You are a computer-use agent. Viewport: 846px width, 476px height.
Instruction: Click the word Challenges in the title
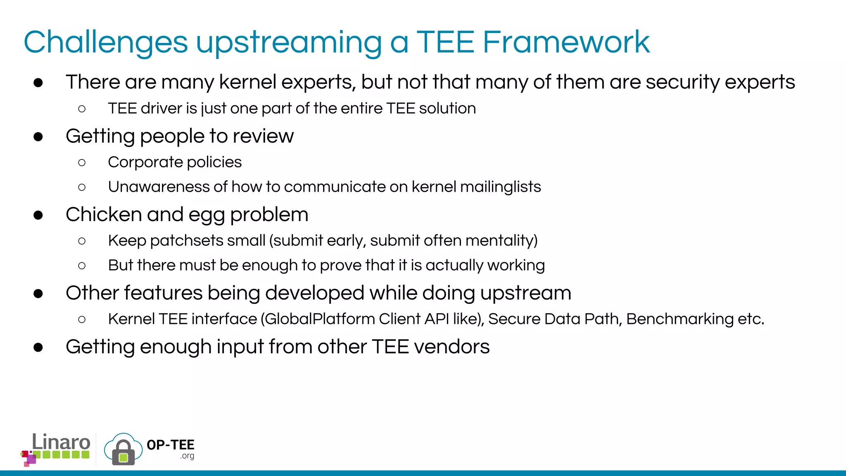click(x=106, y=43)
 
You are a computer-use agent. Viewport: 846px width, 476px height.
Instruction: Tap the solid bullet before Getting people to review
click(x=38, y=137)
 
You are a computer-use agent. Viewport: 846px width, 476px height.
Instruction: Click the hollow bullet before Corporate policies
click(x=82, y=162)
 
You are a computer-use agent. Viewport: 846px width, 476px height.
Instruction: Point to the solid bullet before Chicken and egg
click(x=38, y=215)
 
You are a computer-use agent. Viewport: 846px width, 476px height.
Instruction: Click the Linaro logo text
click(x=61, y=442)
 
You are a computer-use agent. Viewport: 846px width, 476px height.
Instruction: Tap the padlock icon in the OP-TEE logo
click(x=123, y=453)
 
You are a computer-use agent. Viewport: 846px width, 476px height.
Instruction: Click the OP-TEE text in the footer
click(x=170, y=445)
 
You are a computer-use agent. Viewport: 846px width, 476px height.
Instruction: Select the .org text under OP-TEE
click(x=187, y=456)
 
